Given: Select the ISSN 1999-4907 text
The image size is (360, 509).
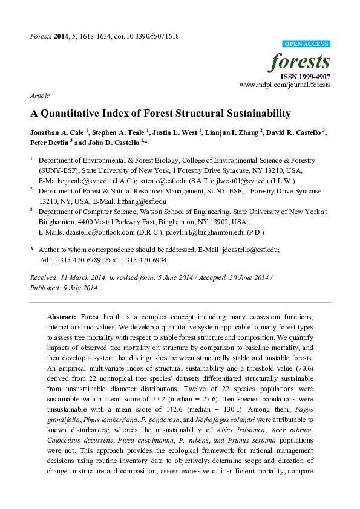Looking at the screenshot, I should pos(305,77).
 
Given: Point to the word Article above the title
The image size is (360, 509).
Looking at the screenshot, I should pos(39,96).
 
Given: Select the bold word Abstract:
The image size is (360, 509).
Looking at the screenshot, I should pos(62,317).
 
